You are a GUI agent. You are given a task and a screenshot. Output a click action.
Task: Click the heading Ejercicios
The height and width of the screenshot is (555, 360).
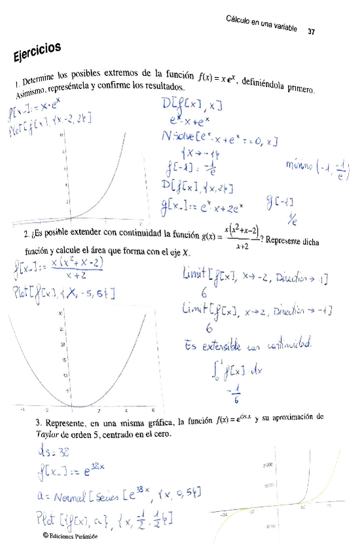pos(37,52)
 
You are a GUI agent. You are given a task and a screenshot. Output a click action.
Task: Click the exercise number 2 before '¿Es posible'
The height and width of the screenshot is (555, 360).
pos(26,234)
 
